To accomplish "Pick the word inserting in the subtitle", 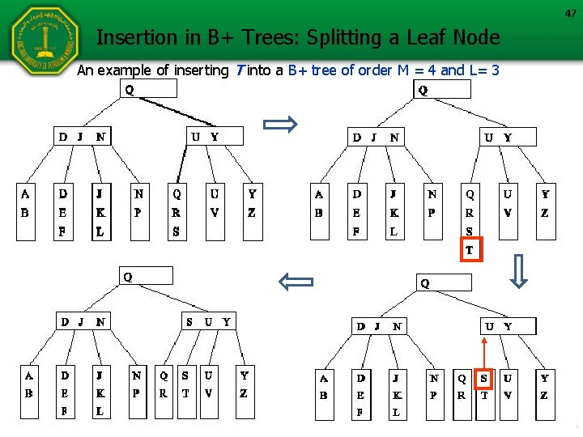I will click(198, 70).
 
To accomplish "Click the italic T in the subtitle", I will click(237, 70).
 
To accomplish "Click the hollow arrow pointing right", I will click(281, 125).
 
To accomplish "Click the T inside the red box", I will click(470, 252).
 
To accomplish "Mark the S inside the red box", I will click(484, 377).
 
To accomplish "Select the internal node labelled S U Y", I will click(208, 322).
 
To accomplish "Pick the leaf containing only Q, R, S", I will click(177, 213).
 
